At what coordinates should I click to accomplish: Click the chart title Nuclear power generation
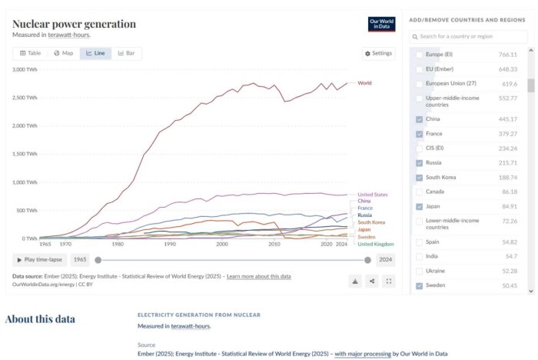74,24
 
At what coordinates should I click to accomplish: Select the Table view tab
30,53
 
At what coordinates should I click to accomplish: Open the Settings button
377,53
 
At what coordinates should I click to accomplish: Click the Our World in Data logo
382,24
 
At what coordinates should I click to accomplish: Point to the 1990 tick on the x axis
169,244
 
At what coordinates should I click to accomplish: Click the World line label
364,82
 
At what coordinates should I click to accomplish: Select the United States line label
373,195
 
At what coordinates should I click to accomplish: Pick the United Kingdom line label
375,244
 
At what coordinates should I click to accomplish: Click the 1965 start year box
79,260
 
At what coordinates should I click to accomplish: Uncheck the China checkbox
419,119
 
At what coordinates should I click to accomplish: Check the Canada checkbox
419,192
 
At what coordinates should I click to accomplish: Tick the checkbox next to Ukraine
419,271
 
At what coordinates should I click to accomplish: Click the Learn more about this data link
258,275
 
